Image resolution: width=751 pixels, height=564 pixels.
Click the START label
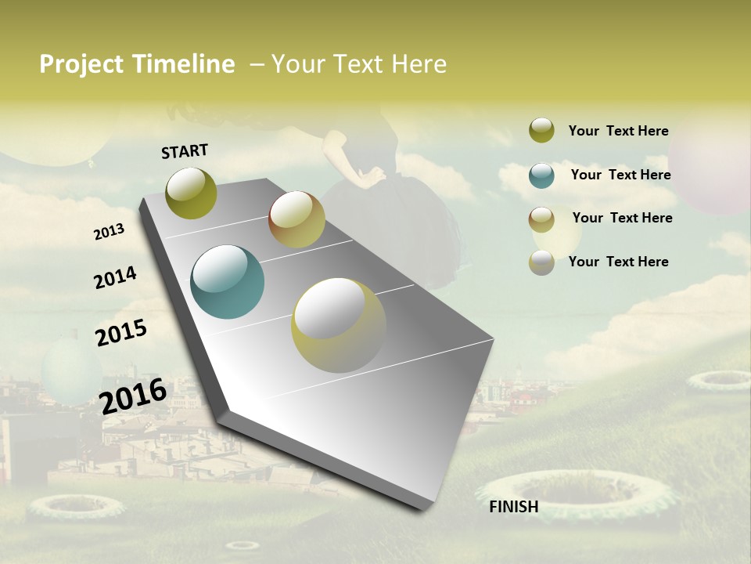(x=185, y=151)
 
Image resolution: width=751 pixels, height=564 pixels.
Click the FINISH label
(x=514, y=507)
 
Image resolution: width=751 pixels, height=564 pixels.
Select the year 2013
(x=109, y=232)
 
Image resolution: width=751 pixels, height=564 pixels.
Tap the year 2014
(x=115, y=278)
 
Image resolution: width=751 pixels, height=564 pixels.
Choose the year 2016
(x=133, y=396)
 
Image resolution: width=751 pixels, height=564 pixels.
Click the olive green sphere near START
(x=191, y=193)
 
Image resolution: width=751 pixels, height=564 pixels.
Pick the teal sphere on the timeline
(x=228, y=282)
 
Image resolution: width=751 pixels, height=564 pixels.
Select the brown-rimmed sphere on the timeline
(x=296, y=219)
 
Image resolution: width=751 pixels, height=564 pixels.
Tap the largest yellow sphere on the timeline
(x=339, y=325)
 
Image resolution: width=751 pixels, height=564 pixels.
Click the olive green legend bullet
(x=541, y=130)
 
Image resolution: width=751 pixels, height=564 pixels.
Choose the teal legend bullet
(x=541, y=175)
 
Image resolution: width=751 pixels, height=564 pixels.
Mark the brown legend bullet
(x=541, y=219)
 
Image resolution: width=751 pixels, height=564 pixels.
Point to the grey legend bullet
(x=541, y=262)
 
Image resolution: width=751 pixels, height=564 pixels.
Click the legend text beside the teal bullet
(x=620, y=175)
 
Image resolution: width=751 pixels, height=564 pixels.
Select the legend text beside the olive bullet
(x=618, y=131)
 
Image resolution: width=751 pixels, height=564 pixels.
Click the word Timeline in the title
(x=184, y=64)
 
